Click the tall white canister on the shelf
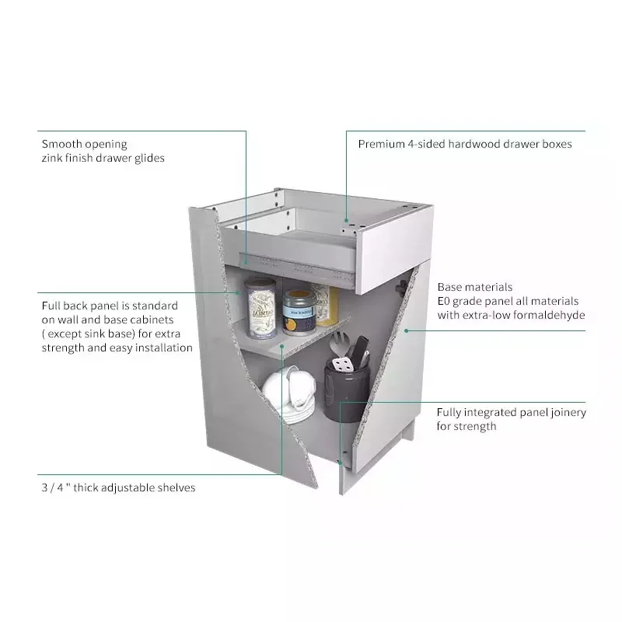pyautogui.click(x=260, y=308)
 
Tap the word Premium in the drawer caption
pyautogui.click(x=381, y=144)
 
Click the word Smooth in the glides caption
pyautogui.click(x=62, y=144)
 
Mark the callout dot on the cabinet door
pyautogui.click(x=405, y=330)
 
